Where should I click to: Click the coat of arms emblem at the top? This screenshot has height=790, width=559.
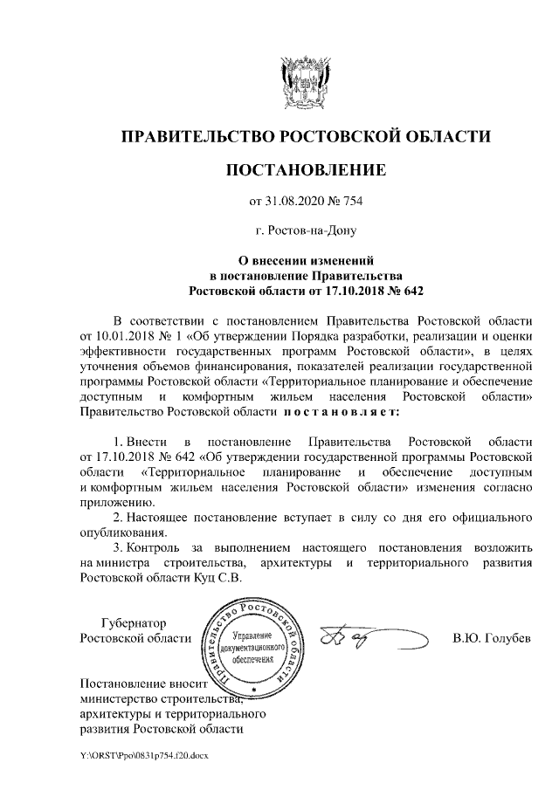pos(306,82)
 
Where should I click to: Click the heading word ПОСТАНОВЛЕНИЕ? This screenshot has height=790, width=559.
pos(306,168)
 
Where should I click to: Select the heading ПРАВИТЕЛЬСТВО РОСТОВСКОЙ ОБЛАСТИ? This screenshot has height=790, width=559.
pos(305,137)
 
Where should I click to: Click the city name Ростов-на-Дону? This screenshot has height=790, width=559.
pos(306,231)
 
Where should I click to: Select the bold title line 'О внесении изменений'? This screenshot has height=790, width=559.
pos(306,259)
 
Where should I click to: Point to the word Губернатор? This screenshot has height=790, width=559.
pos(133,623)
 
